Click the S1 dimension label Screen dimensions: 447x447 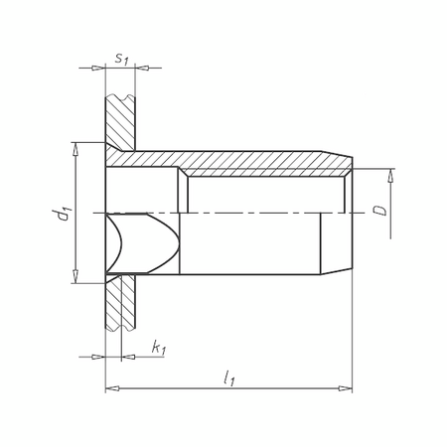click(x=121, y=59)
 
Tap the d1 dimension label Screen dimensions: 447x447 click(x=63, y=214)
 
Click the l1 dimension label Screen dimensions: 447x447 click(x=229, y=376)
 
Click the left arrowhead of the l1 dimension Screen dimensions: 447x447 click(x=110, y=387)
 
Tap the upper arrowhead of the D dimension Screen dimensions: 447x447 click(x=390, y=175)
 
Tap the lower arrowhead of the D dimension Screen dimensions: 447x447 click(x=390, y=232)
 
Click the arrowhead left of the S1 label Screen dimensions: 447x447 click(x=98, y=69)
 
